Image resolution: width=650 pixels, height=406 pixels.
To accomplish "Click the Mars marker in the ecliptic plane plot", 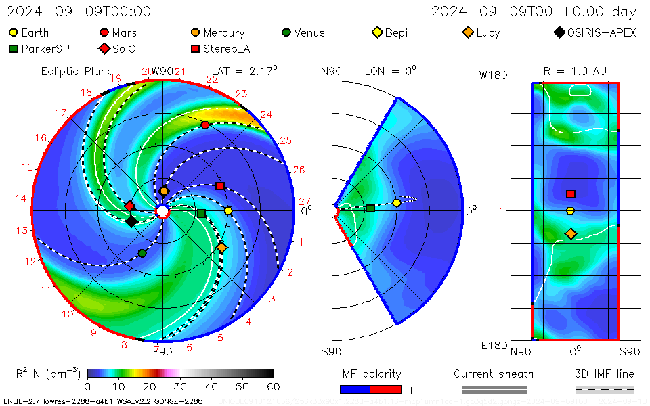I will (205, 125).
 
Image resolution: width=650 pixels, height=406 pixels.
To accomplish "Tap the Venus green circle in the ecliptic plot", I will (142, 253).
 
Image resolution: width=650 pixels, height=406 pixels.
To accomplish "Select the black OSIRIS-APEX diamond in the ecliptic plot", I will (131, 221).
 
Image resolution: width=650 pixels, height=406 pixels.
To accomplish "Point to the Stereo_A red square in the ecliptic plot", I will (219, 186).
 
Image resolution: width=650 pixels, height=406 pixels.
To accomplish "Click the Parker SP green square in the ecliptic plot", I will (201, 214).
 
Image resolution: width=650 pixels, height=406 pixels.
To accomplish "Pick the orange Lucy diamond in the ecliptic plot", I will (222, 248).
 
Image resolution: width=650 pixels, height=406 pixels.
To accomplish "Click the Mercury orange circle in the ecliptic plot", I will (164, 191).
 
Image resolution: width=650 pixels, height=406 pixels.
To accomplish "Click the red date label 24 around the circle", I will (266, 114).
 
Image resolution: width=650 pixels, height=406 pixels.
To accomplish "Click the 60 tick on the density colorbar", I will (274, 386).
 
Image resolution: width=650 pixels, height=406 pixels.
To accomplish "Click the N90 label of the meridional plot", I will (332, 71).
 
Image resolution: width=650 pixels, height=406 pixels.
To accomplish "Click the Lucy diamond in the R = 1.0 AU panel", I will (571, 234).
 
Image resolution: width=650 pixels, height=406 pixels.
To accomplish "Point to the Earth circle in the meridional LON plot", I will (397, 203).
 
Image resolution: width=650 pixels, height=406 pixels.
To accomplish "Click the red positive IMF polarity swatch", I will (386, 389).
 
